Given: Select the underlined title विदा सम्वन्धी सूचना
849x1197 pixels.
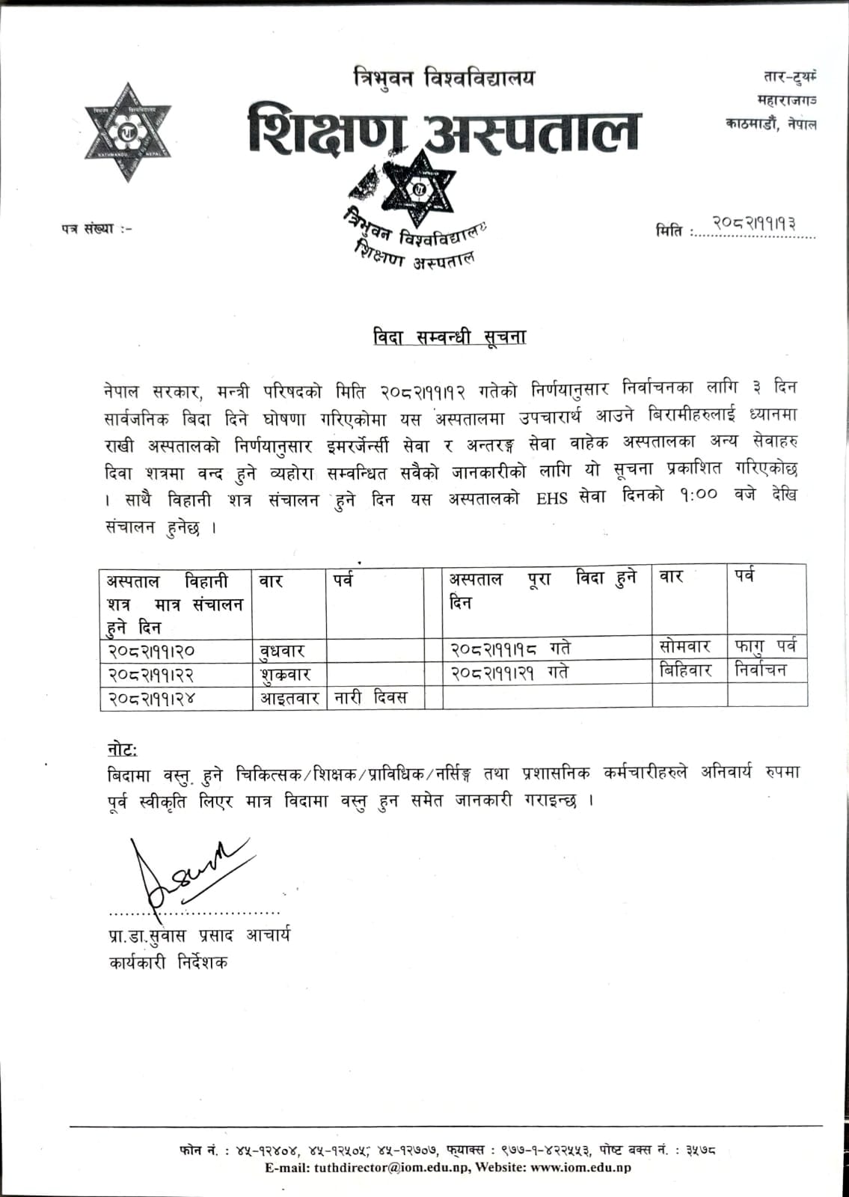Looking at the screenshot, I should pos(450,337).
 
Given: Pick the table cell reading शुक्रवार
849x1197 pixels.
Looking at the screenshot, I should pos(285,674).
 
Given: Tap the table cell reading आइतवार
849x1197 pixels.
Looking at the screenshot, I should pos(289,699).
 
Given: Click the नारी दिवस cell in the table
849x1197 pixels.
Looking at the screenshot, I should pos(370,698).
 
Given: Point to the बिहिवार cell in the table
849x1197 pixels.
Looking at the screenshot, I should pos(685,670).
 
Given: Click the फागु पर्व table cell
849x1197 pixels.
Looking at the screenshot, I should pos(766,646).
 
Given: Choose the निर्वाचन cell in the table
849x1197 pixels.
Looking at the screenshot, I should pos(761,670).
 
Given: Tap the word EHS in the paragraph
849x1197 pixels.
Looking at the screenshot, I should pos(553,499).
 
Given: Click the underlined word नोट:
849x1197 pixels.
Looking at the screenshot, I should pos(122,749).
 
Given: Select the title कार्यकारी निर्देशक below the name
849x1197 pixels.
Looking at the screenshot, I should pos(168,962).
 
